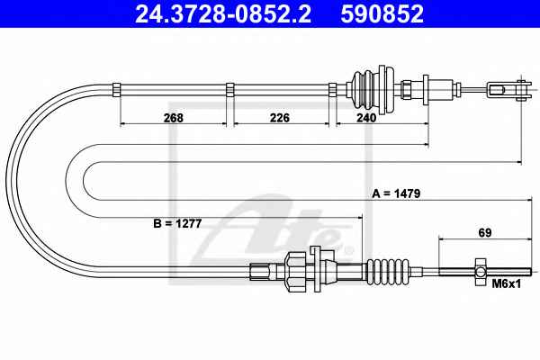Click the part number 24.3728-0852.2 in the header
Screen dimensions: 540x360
(223, 13)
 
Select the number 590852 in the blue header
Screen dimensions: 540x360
(382, 13)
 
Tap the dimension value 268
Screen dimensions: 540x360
(174, 118)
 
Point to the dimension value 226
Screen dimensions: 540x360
(280, 118)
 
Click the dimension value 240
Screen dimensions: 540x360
(366, 118)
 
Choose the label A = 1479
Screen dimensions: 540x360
(396, 193)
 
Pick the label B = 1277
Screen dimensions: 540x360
(177, 223)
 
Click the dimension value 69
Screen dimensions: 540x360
(484, 232)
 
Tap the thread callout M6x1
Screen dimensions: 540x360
(507, 283)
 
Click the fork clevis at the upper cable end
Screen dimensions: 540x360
(509, 90)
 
